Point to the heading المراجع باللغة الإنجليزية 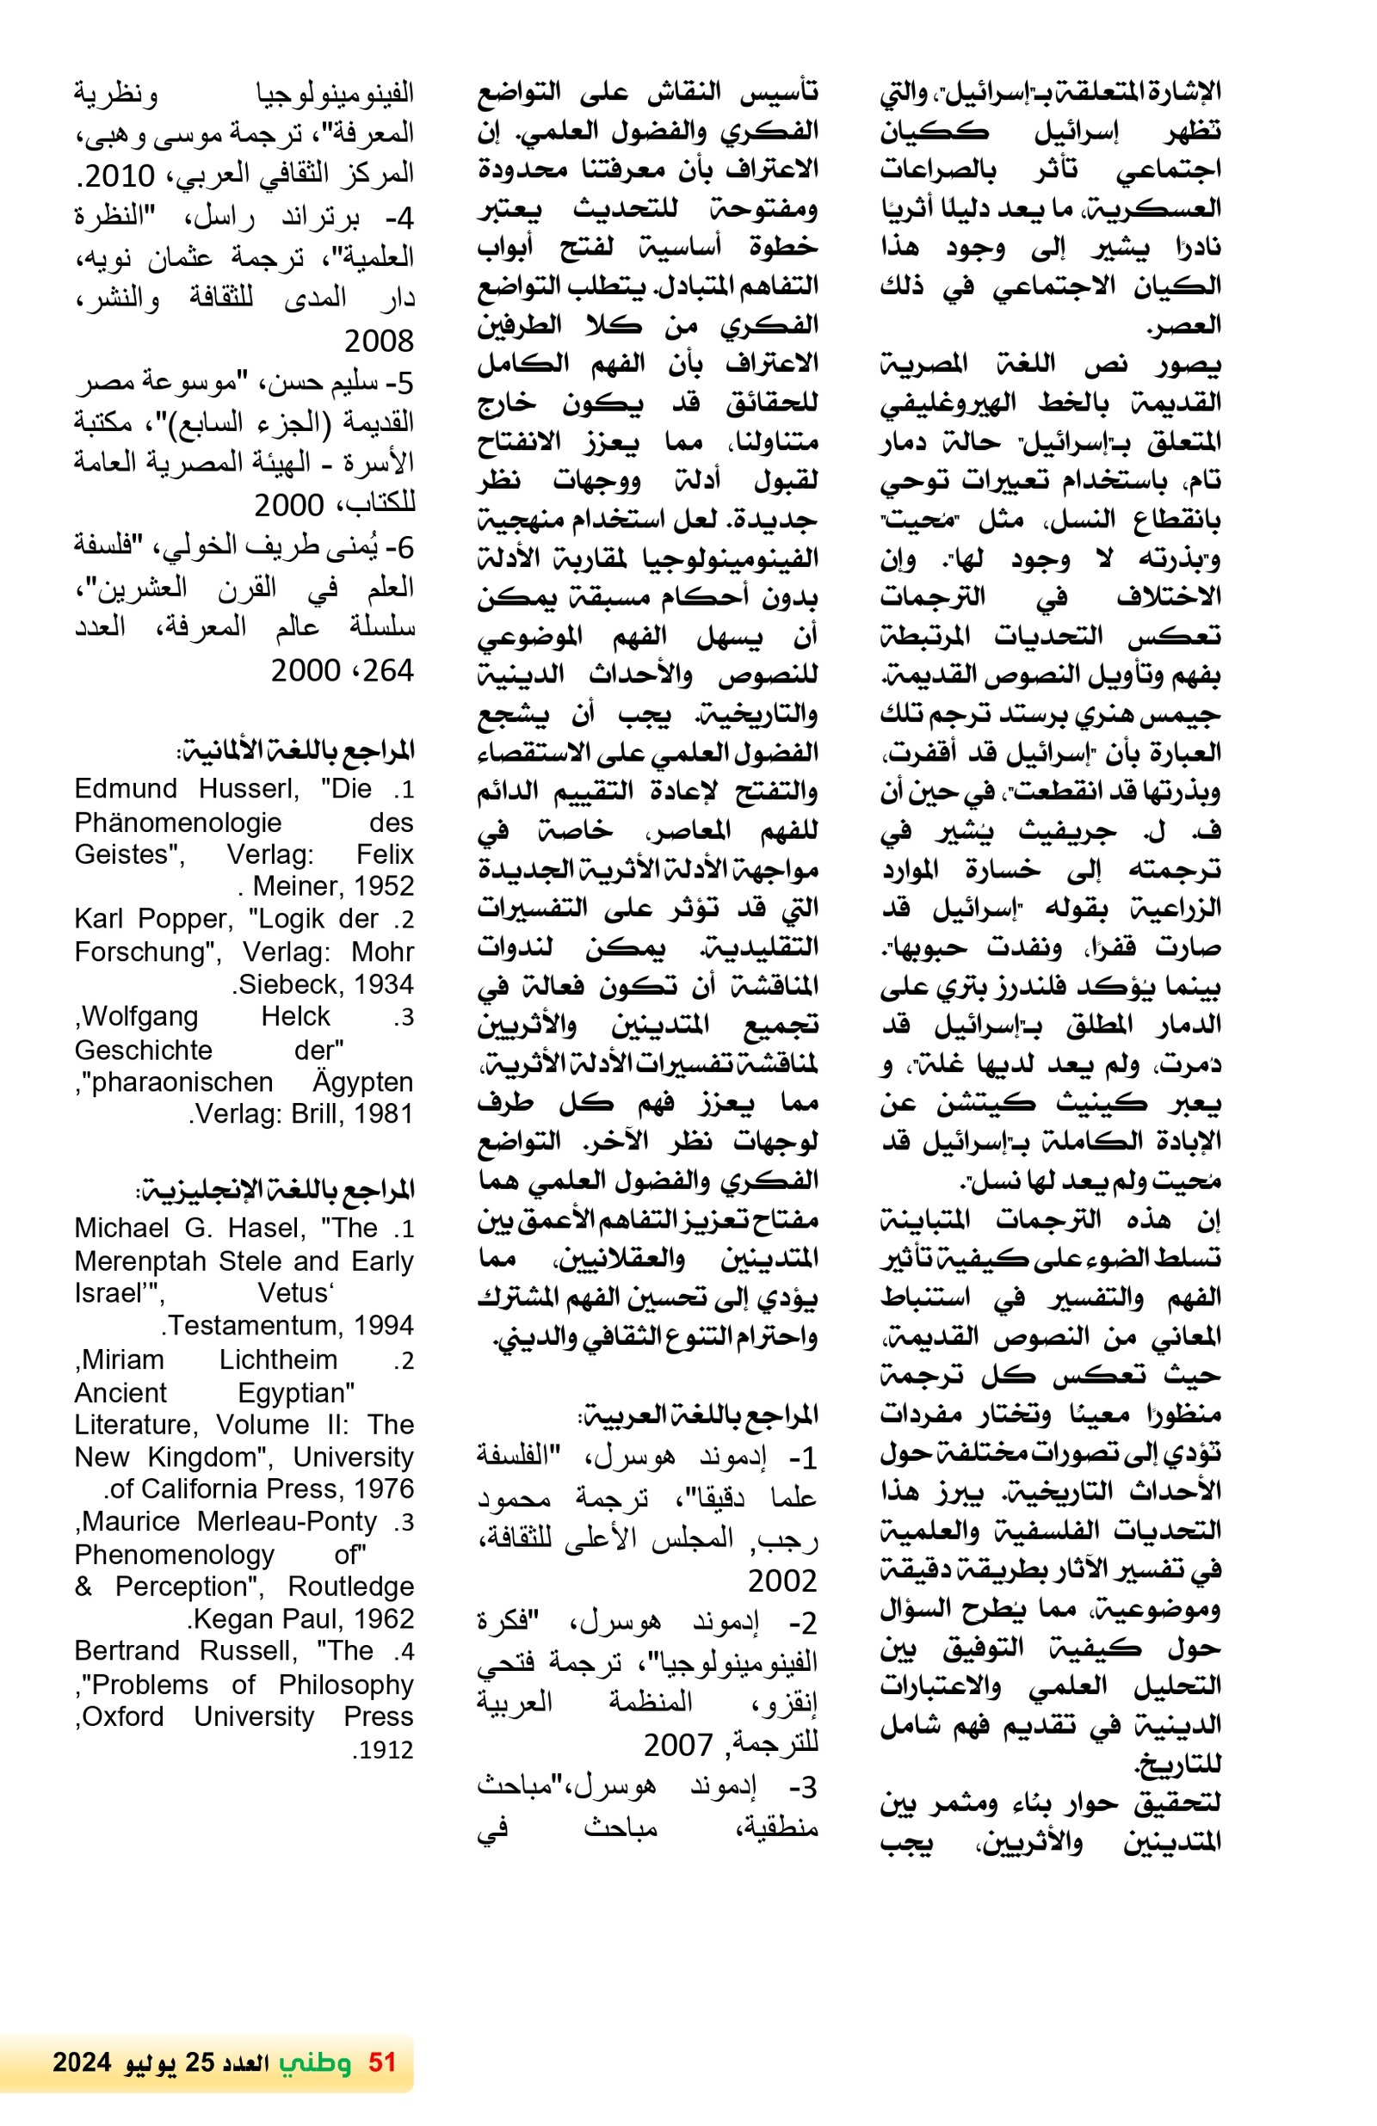point(275,1190)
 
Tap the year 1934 point(383,983)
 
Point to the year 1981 point(382,1113)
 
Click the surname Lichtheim point(278,1359)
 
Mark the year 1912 point(382,1749)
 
